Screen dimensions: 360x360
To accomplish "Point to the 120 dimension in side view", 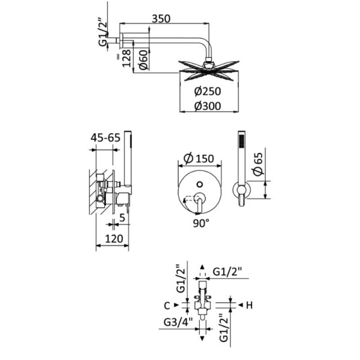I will pyautogui.click(x=112, y=238).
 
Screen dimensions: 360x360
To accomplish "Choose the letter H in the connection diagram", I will pyautogui.click(x=249, y=305).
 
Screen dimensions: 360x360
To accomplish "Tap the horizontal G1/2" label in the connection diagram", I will pyautogui.click(x=230, y=271).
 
